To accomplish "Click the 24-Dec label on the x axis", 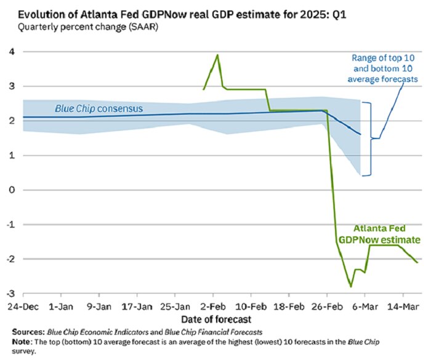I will click(x=23, y=306).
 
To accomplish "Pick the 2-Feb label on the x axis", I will click(x=214, y=306).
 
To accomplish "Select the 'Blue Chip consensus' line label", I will click(x=99, y=108).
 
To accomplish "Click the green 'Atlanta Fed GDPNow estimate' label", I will click(x=378, y=233).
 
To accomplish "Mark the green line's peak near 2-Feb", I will click(x=217, y=55).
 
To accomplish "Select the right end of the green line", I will click(x=417, y=263).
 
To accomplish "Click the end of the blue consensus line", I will click(x=360, y=134).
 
